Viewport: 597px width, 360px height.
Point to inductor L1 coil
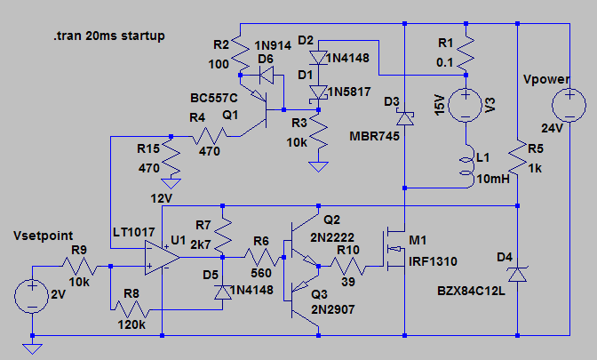(466, 166)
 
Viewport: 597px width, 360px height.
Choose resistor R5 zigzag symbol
(518, 157)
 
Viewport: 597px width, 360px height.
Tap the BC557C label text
(213, 96)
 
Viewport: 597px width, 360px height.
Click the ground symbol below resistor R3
(315, 165)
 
